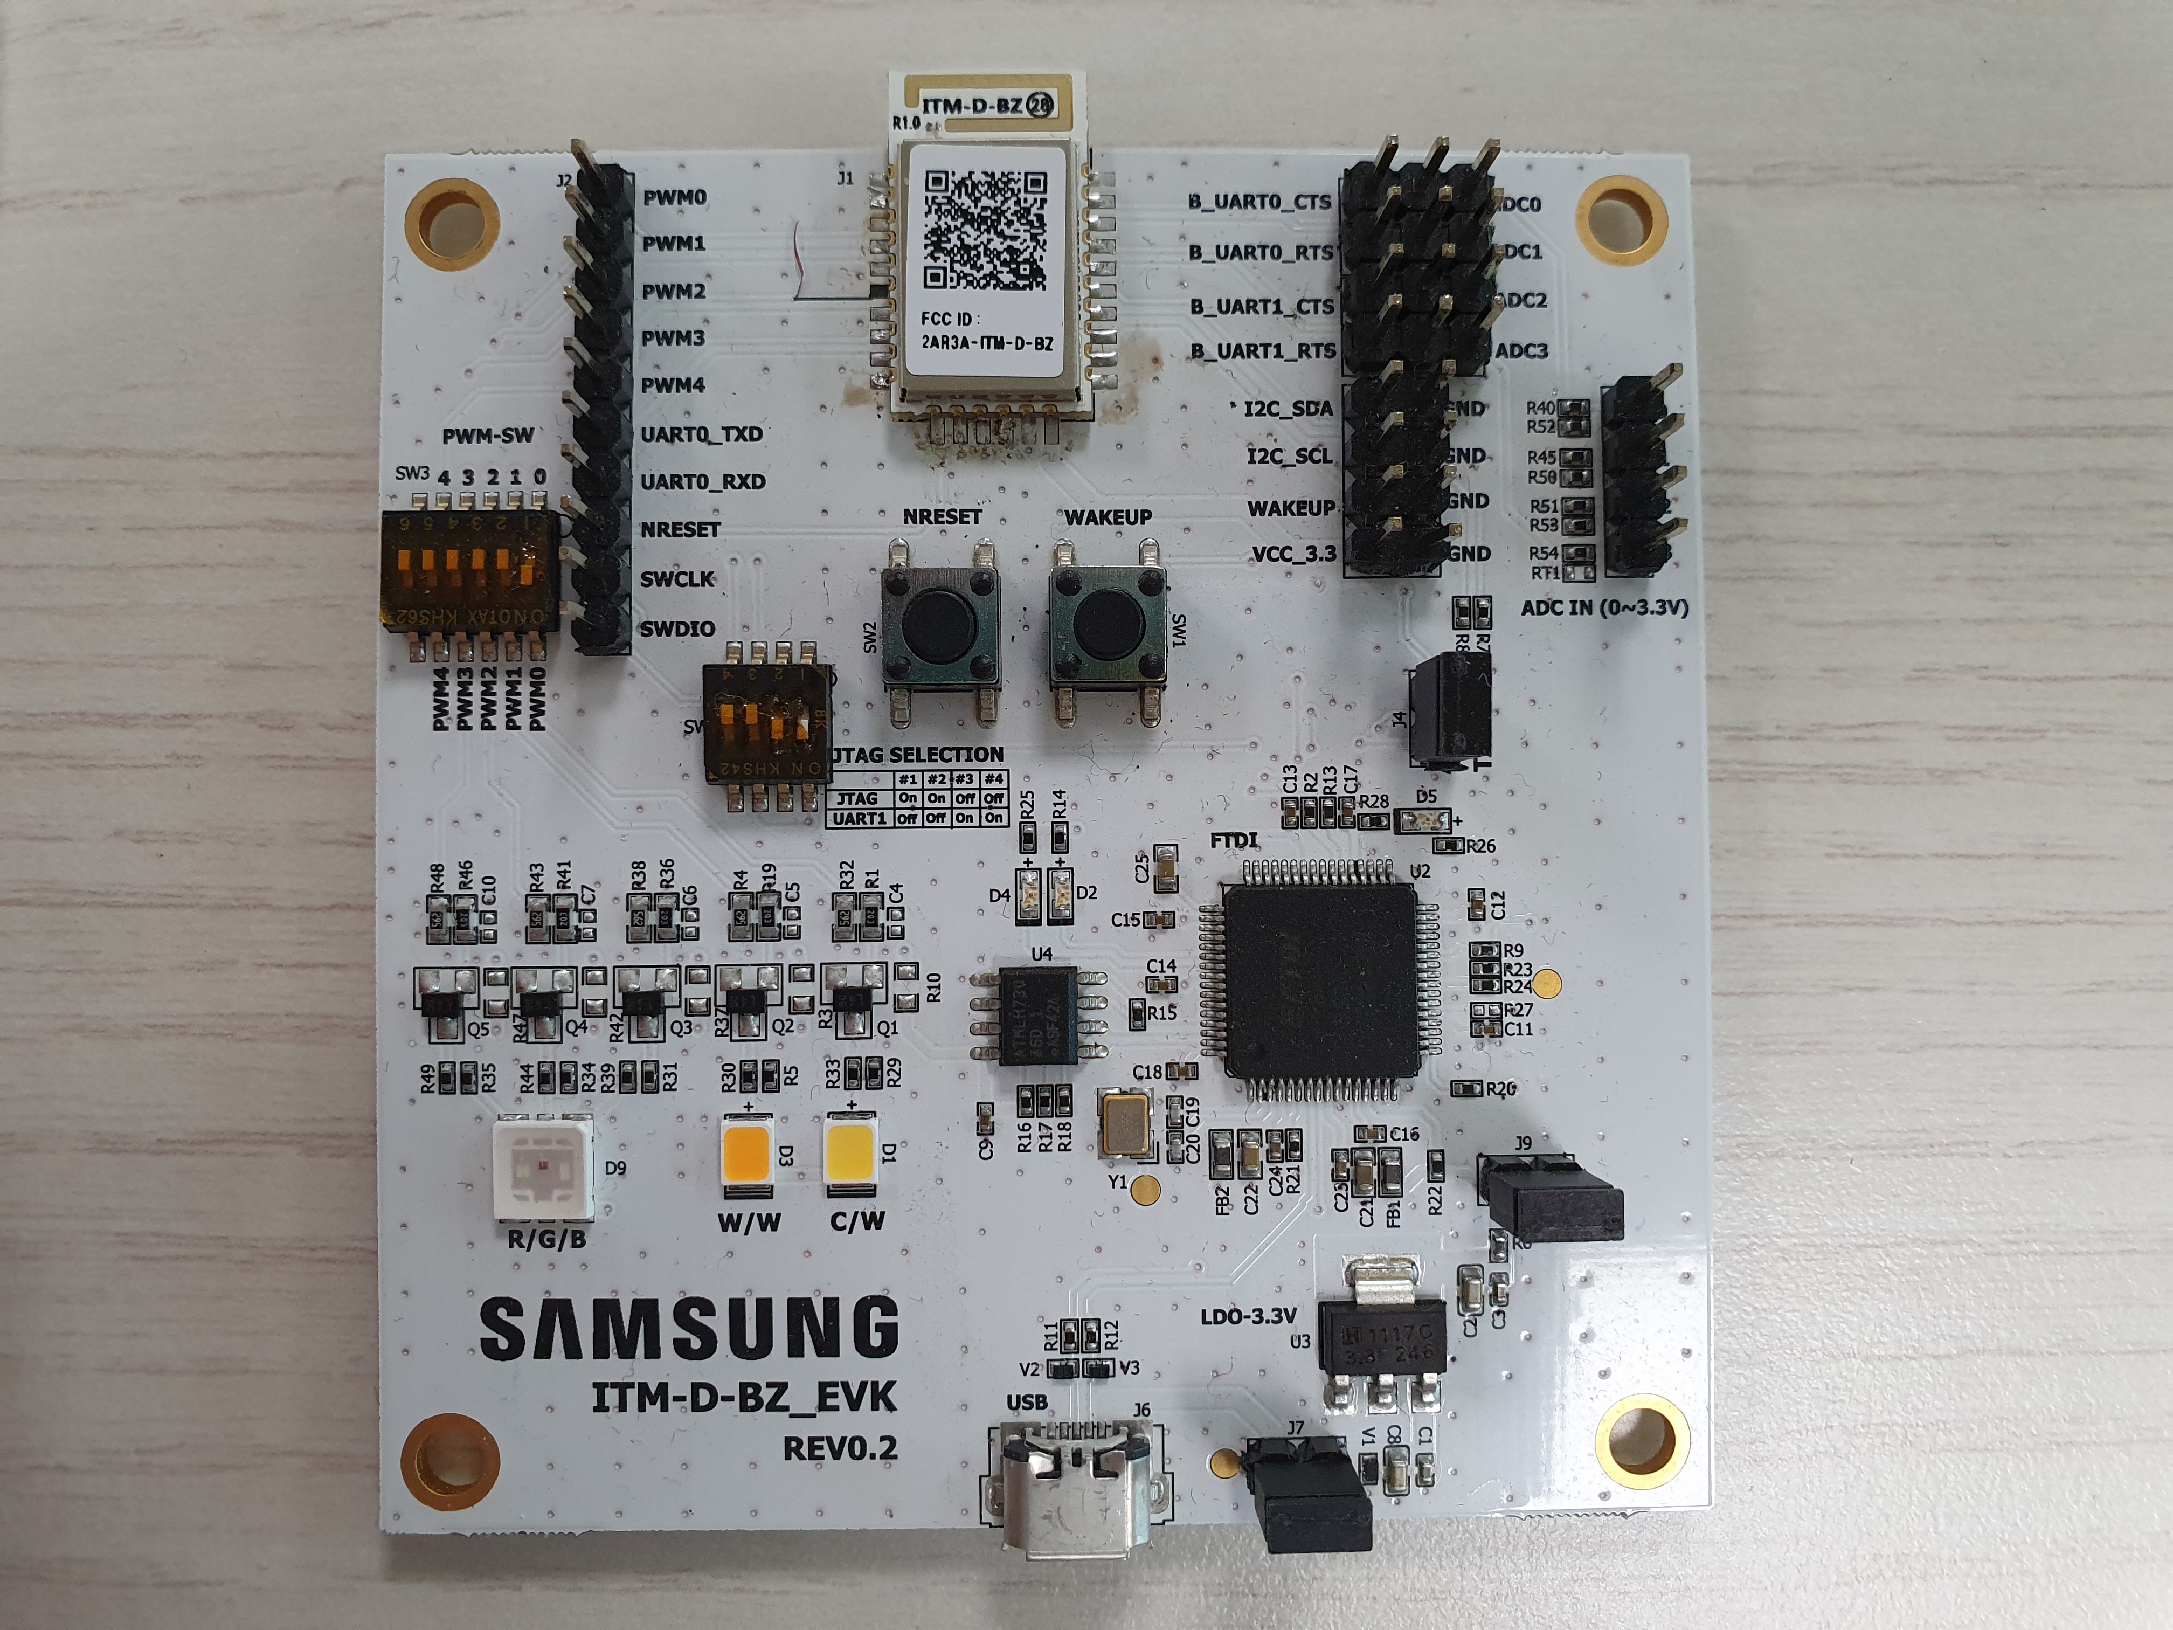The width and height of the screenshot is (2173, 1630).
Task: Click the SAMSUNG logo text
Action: click(689, 1328)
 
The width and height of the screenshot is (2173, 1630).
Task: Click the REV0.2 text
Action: click(840, 1448)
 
